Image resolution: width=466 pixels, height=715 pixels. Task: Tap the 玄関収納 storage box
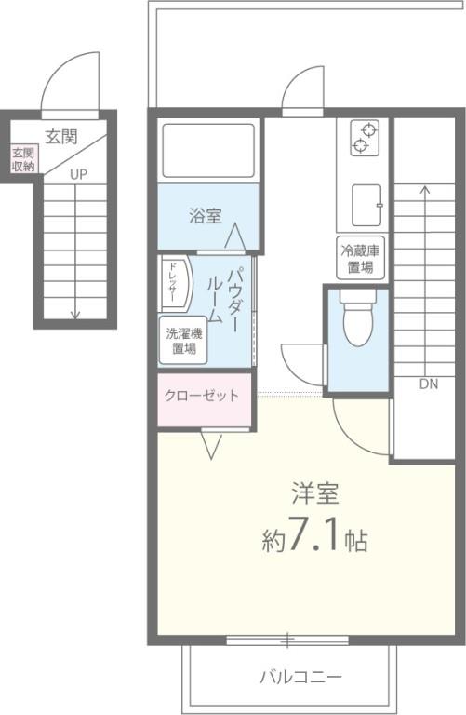pos(23,159)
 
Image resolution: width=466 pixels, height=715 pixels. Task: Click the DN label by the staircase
pos(428,383)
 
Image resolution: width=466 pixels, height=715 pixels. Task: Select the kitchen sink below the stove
pos(367,200)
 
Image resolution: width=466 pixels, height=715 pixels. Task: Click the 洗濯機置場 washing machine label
pos(181,342)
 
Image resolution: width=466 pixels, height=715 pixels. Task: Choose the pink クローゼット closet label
pos(202,396)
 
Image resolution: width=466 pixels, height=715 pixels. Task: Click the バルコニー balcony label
pos(300,675)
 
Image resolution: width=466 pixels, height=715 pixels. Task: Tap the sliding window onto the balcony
pos(287,640)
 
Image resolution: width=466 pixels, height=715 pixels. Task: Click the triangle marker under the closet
pos(211,445)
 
